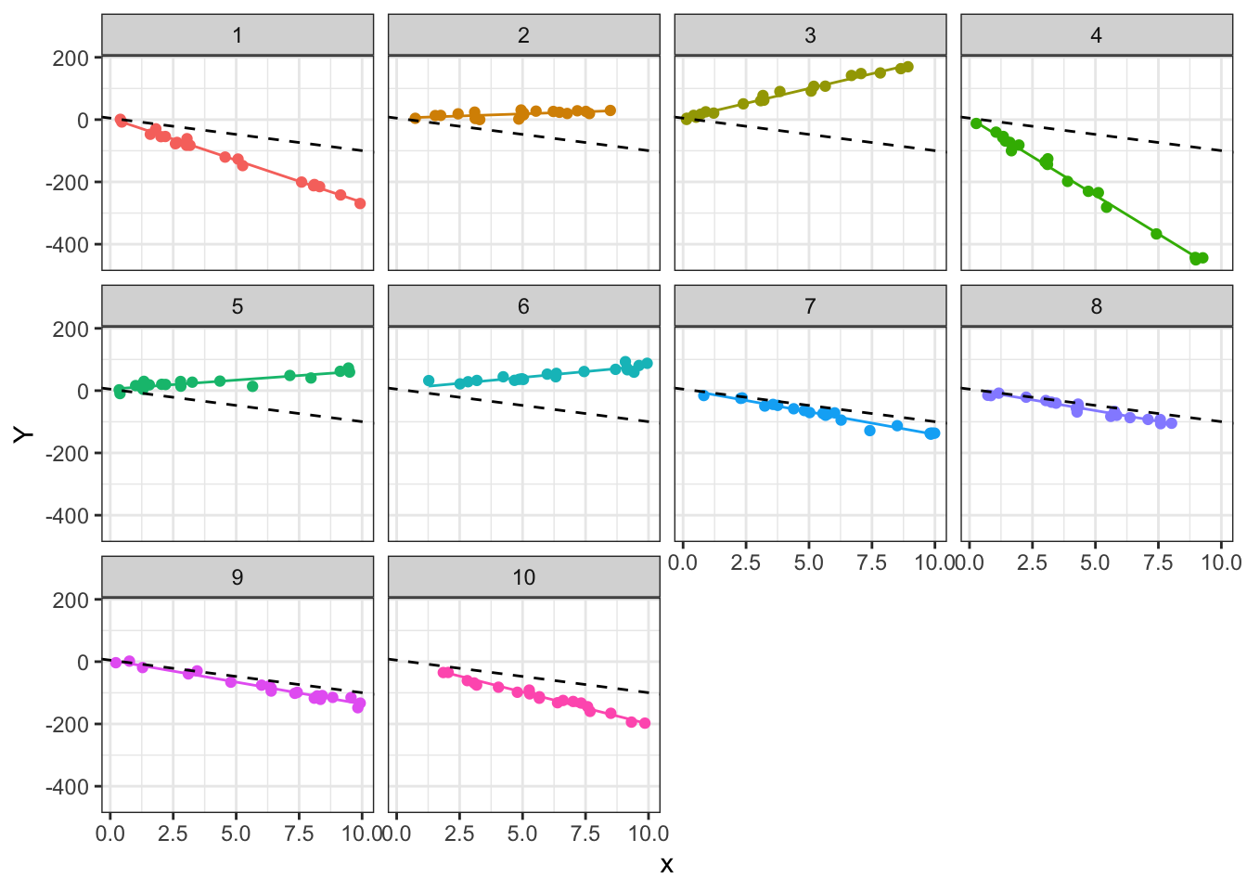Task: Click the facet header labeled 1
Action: [238, 35]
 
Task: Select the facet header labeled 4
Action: [1096, 35]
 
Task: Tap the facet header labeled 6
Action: [523, 306]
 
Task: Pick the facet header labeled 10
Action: [523, 577]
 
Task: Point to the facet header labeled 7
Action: [810, 306]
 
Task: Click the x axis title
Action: [666, 865]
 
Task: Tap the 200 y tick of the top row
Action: [71, 58]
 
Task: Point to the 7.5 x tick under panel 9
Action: [299, 833]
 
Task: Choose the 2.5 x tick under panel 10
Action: [459, 833]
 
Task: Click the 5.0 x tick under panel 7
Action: [808, 562]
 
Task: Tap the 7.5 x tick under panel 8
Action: [1158, 562]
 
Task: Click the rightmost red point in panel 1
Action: [360, 203]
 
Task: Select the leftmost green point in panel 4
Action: [976, 123]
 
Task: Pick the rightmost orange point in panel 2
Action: [611, 110]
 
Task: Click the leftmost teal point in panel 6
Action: [429, 381]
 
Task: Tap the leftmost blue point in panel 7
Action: [703, 395]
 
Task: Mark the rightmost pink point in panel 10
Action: [645, 723]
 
